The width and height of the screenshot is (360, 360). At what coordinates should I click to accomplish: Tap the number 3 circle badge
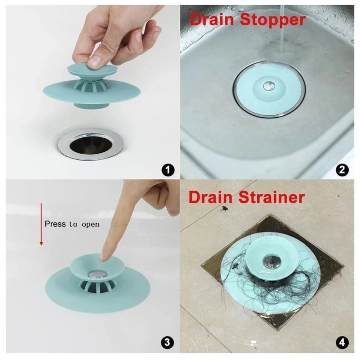168,343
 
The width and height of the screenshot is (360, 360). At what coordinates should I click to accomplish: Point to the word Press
56,224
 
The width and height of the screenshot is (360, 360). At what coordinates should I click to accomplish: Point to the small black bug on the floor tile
225,209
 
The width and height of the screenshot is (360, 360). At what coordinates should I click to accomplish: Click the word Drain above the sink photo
210,20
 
